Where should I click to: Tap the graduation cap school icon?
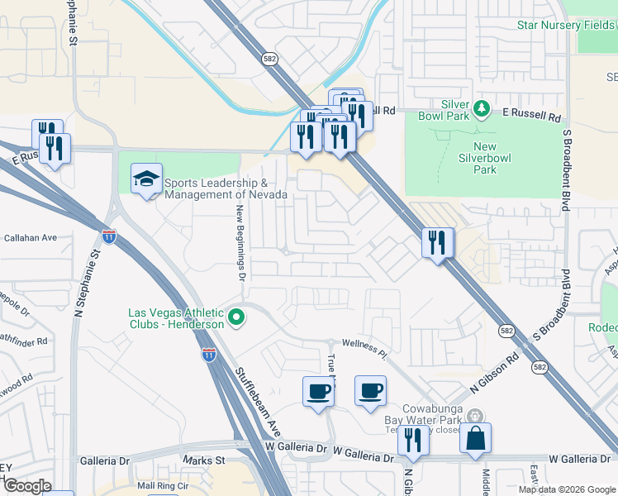146,179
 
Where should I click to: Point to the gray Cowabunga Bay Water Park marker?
473,416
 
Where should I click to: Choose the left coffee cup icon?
318,392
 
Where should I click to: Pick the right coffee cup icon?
370,390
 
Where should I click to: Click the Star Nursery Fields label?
567,26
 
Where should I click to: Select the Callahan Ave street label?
31,237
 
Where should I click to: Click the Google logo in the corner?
26,485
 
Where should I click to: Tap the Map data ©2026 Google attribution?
566,489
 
